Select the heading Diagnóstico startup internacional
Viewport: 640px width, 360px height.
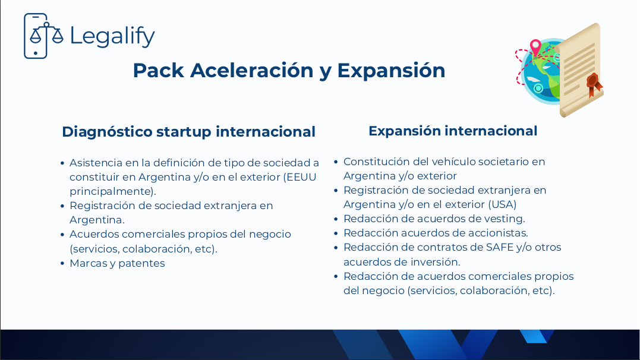pos(188,132)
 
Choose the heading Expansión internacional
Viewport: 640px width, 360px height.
pos(453,131)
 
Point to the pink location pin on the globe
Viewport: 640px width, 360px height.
pos(535,48)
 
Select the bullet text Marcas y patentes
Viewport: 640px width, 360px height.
pos(117,263)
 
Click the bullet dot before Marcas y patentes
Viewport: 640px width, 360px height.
pos(62,263)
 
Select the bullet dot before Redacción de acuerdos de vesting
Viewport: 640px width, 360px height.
pos(336,219)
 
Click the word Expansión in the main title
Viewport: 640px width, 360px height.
pos(391,70)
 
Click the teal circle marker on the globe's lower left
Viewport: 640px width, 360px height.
pos(538,88)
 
